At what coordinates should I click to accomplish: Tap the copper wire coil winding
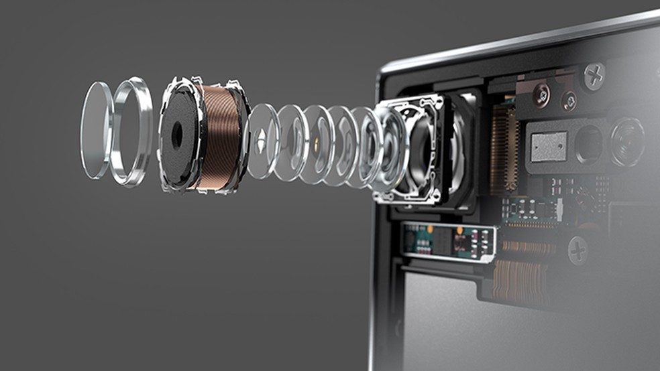pyautogui.click(x=218, y=137)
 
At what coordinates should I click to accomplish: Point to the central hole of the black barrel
pyautogui.click(x=177, y=136)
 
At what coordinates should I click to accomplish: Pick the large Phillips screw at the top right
pyautogui.click(x=594, y=76)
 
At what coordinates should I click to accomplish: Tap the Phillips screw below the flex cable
pyautogui.click(x=577, y=250)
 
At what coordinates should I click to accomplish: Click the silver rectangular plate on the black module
pyautogui.click(x=549, y=145)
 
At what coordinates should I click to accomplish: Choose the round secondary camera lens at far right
pyautogui.click(x=626, y=141)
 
